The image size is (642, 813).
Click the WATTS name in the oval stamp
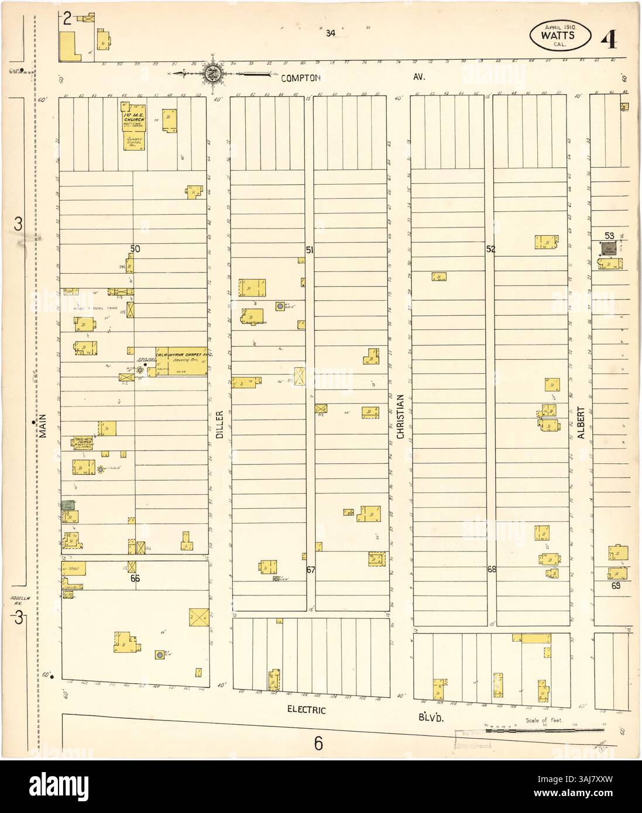[557, 34]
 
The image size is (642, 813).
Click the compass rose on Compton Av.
[211, 74]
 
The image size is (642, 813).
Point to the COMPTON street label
[300, 77]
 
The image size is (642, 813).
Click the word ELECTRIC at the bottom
[307, 709]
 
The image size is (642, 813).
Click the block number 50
[135, 249]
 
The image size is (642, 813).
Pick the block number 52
[490, 249]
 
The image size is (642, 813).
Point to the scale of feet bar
[544, 730]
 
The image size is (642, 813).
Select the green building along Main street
[68, 504]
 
